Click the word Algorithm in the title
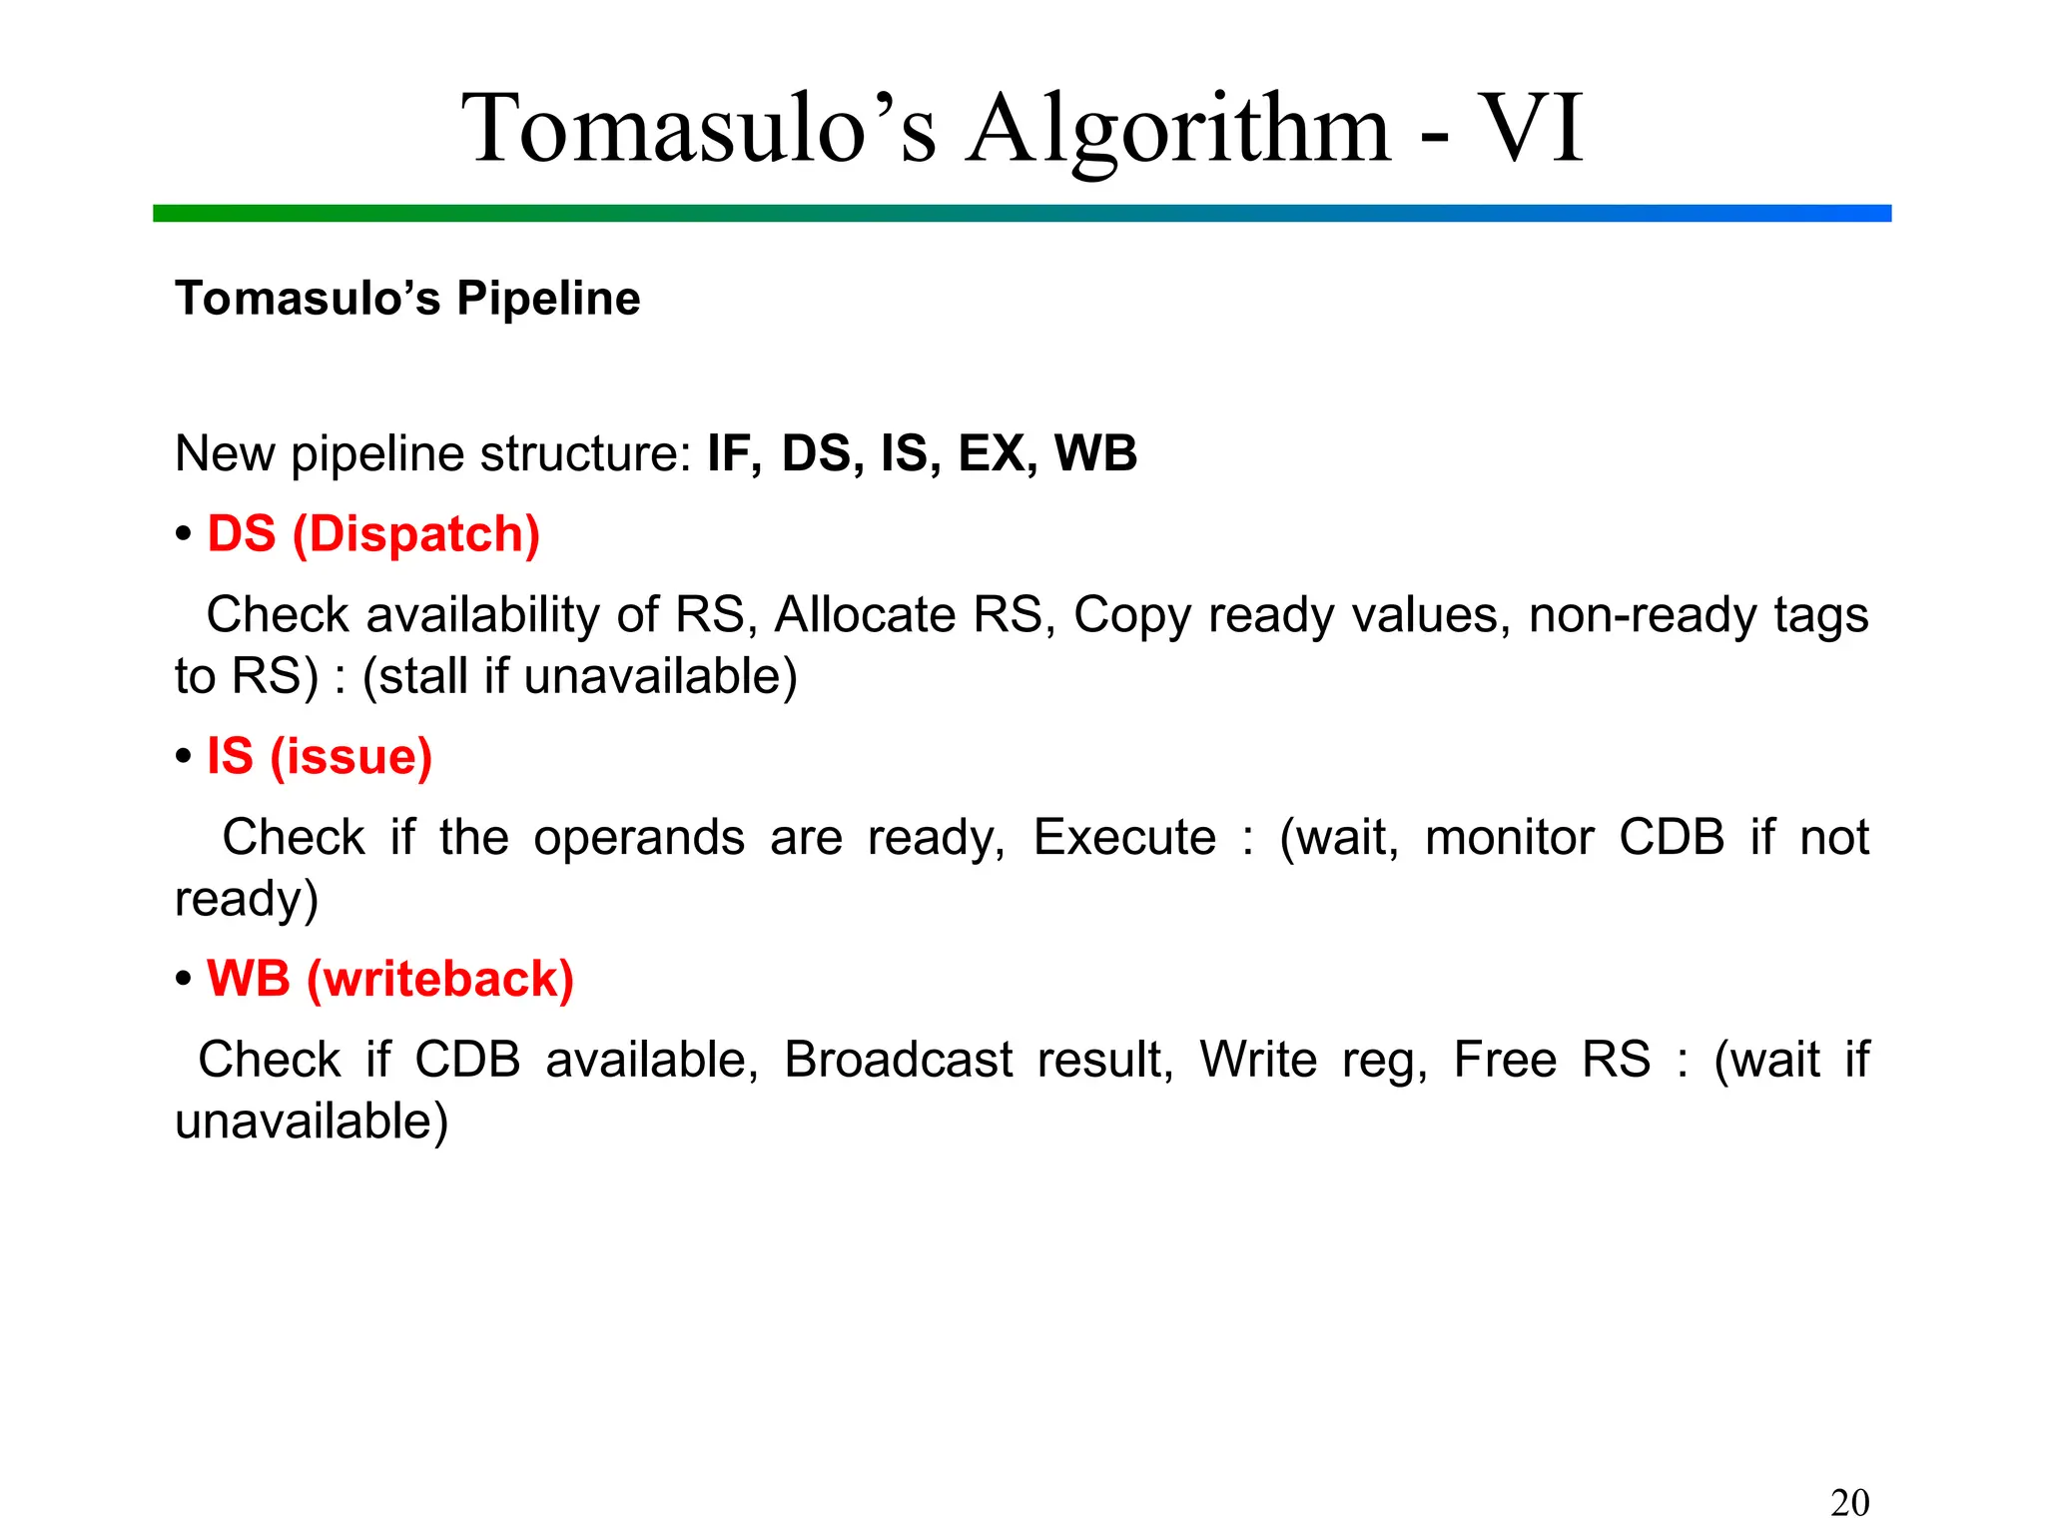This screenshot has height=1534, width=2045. pyautogui.click(x=1178, y=130)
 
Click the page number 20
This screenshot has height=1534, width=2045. pyautogui.click(x=1849, y=1502)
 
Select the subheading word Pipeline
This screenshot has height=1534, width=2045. pyautogui.click(x=548, y=299)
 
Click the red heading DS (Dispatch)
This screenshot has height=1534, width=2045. pyautogui.click(x=373, y=534)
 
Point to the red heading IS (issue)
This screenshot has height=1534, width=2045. pyautogui.click(x=320, y=756)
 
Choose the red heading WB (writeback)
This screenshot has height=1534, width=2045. pyautogui.click(x=390, y=979)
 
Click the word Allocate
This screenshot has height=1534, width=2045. pyautogui.click(x=865, y=614)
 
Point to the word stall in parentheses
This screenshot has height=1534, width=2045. pyautogui.click(x=424, y=676)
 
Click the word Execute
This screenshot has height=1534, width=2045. pyautogui.click(x=1124, y=837)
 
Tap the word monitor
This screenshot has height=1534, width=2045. pyautogui.click(x=1509, y=837)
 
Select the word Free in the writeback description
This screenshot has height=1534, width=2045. pyautogui.click(x=1505, y=1060)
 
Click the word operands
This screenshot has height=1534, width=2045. pyautogui.click(x=638, y=837)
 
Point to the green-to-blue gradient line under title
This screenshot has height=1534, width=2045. pyautogui.click(x=1022, y=214)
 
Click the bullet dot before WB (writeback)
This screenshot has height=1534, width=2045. pyautogui.click(x=184, y=979)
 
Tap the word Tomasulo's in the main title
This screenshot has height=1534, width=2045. pyautogui.click(x=699, y=130)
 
